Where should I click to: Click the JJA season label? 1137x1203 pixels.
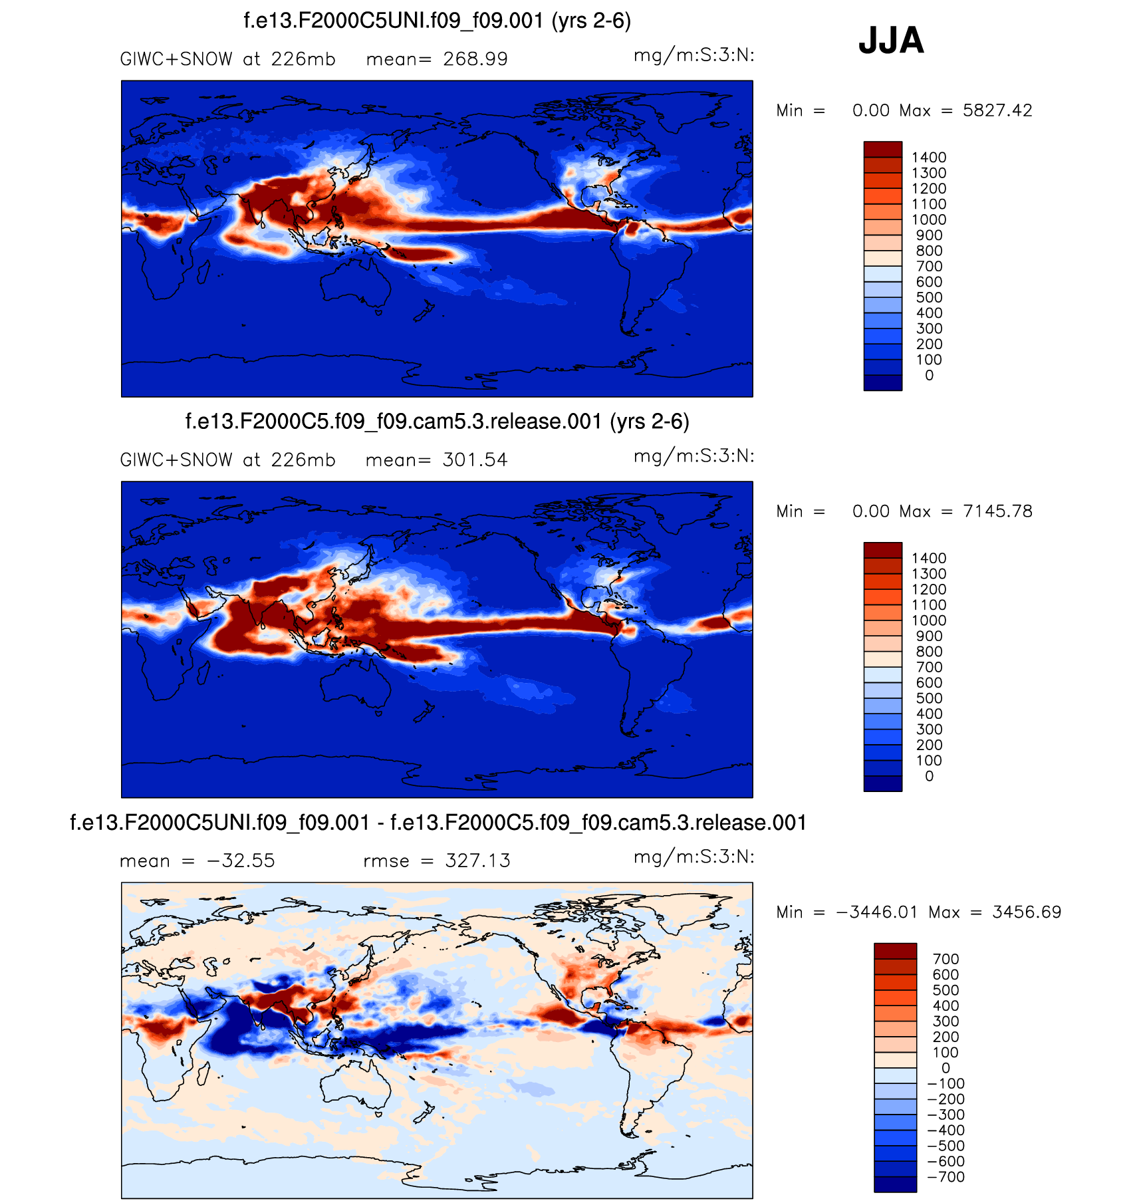[x=891, y=41]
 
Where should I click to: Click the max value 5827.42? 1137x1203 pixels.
[x=997, y=110]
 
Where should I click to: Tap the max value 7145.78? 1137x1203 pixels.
[x=997, y=511]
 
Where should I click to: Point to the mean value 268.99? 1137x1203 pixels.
[x=475, y=59]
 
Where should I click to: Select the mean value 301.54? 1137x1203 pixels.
[x=475, y=460]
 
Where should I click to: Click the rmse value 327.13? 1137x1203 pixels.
[x=477, y=861]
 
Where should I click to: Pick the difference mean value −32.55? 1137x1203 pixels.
[x=241, y=861]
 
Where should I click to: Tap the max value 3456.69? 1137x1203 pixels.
[x=1027, y=912]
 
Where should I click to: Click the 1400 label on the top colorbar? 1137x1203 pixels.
[x=929, y=158]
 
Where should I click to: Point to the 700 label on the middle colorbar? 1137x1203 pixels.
[x=929, y=667]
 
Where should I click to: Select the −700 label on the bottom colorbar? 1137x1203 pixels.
[x=946, y=1176]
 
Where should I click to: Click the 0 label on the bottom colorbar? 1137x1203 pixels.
[x=946, y=1068]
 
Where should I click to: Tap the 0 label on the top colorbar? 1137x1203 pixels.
[x=929, y=375]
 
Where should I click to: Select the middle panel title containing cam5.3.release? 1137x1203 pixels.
[x=437, y=422]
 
